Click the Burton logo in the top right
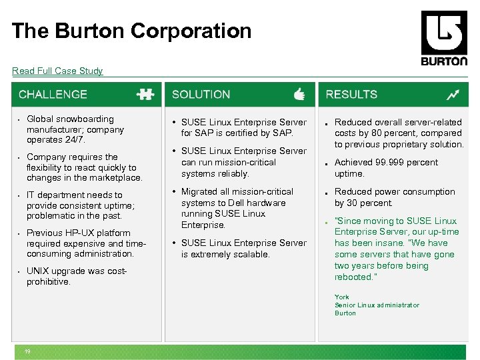pyautogui.click(x=444, y=38)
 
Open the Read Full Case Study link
pyautogui.click(x=57, y=71)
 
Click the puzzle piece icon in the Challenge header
pyautogui.click(x=145, y=95)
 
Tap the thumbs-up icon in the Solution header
pyautogui.click(x=299, y=95)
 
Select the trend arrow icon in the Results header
pyautogui.click(x=453, y=95)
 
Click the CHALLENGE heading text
pyautogui.click(x=53, y=95)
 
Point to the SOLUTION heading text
pyautogui.click(x=201, y=95)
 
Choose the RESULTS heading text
pyautogui.click(x=351, y=95)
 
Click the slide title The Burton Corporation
pyautogui.click(x=131, y=31)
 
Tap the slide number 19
pyautogui.click(x=28, y=353)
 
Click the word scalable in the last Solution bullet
pyautogui.click(x=249, y=254)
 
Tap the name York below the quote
pyautogui.click(x=341, y=297)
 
